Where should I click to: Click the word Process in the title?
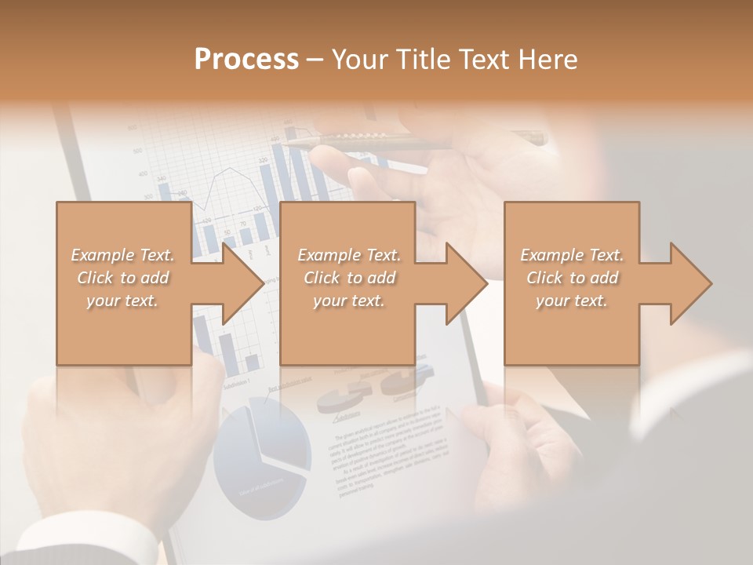click(246, 59)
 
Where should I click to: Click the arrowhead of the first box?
click(243, 283)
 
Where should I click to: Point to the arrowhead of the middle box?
click(467, 283)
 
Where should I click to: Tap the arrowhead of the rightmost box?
click(691, 283)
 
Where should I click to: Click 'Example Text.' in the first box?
click(123, 255)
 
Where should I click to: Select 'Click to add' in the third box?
click(572, 278)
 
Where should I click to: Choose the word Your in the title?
click(360, 59)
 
